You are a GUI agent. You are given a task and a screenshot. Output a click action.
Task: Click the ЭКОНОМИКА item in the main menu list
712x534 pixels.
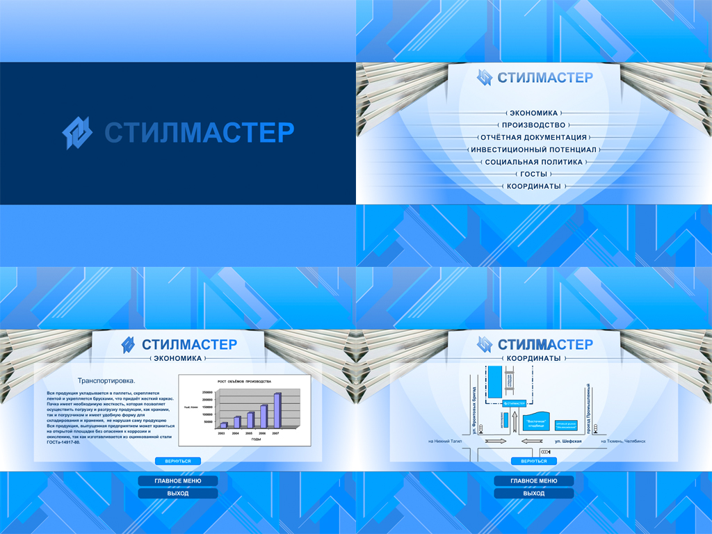[533, 113]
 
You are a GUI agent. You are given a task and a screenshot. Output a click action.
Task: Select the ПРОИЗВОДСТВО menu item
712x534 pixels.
[533, 125]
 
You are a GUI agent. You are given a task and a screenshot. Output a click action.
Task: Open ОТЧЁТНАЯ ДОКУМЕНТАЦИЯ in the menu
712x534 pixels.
[533, 138]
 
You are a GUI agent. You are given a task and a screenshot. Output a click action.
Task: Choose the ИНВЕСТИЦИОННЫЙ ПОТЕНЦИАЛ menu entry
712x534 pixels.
[533, 149]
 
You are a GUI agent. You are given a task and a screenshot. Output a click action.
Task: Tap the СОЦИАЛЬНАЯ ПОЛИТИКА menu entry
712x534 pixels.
[533, 162]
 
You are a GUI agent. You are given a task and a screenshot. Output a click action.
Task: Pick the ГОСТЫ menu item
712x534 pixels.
[533, 174]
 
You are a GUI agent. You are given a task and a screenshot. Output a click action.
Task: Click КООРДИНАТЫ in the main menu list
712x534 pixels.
[533, 186]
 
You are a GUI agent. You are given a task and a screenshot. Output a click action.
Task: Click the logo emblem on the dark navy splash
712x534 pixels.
[76, 133]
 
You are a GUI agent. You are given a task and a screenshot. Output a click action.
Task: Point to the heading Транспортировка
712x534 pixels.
[106, 381]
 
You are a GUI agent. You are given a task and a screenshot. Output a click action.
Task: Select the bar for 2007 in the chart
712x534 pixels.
[277, 410]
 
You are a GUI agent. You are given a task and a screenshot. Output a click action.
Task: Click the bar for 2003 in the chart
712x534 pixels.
[223, 424]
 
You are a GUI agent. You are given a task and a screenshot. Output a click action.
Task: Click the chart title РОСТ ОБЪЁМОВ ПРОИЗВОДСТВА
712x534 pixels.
[244, 382]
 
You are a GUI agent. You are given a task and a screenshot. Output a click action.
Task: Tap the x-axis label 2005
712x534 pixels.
[249, 433]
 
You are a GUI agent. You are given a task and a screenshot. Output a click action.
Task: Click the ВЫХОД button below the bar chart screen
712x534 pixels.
[177, 494]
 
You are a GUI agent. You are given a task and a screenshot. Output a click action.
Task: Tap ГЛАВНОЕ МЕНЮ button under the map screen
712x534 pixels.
[533, 480]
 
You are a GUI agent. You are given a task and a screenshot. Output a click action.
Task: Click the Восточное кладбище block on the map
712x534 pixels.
[535, 422]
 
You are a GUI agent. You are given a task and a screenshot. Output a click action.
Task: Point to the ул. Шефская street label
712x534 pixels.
[567, 442]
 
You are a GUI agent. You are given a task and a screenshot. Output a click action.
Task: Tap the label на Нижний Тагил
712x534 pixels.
[445, 442]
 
